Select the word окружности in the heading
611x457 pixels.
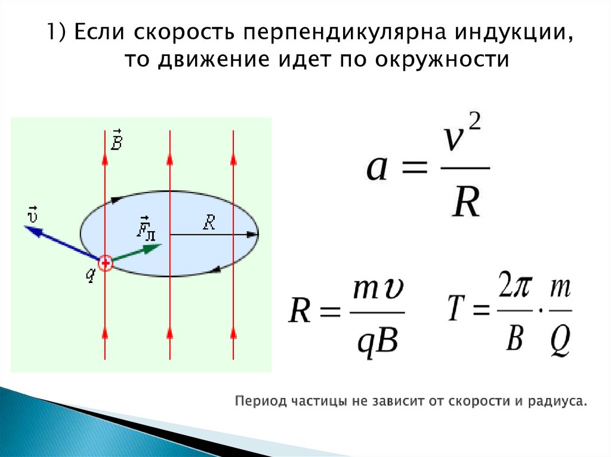pyautogui.click(x=442, y=60)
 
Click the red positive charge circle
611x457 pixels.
pyautogui.click(x=105, y=263)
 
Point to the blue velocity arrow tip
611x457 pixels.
pyautogui.click(x=26, y=226)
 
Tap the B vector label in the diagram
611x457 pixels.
pyautogui.click(x=116, y=139)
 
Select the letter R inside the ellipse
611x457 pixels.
pyautogui.click(x=209, y=223)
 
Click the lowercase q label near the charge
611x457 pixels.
pyautogui.click(x=91, y=275)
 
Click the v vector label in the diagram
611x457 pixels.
pyautogui.click(x=32, y=214)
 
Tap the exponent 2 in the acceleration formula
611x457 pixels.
pyautogui.click(x=474, y=122)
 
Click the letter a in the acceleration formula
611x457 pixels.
pyautogui.click(x=377, y=168)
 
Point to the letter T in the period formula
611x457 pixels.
pyautogui.click(x=456, y=307)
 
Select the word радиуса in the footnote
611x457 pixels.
pyautogui.click(x=557, y=401)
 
